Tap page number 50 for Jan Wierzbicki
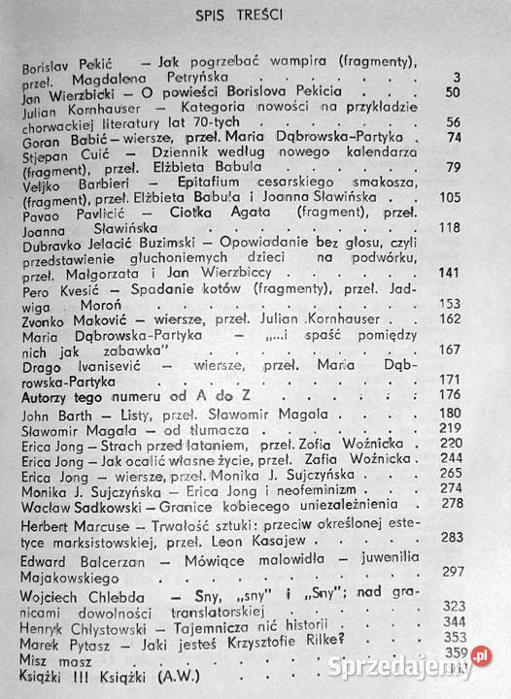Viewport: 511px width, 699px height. tap(478, 91)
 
